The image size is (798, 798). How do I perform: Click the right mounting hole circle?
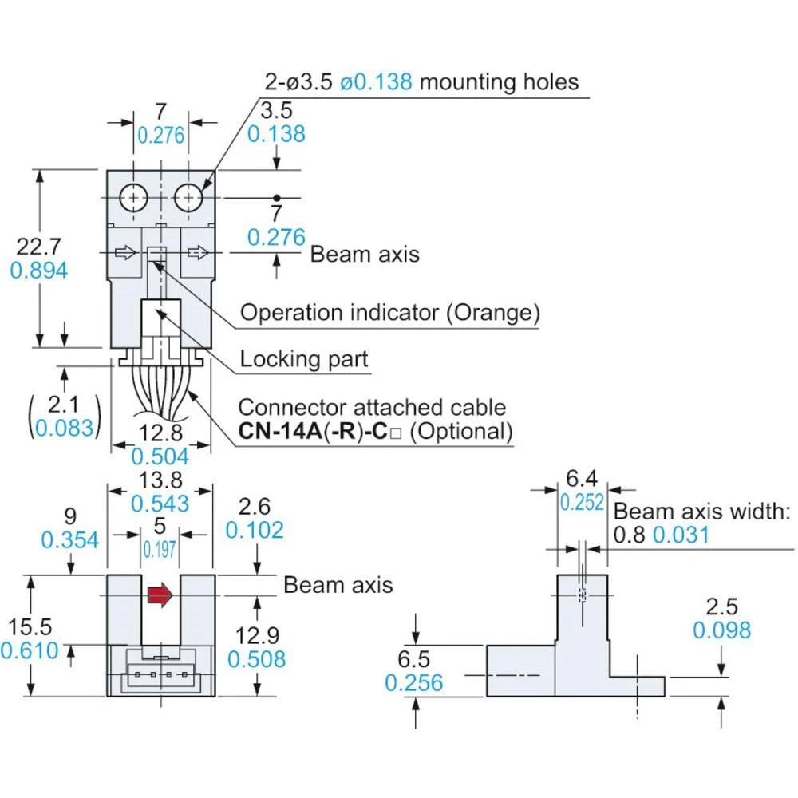click(x=189, y=196)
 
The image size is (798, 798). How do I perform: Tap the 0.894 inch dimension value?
click(x=38, y=271)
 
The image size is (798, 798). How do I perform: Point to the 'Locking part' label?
click(x=304, y=359)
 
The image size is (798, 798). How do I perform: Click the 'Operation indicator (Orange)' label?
click(x=389, y=313)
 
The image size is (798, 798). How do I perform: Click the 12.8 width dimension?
click(x=160, y=432)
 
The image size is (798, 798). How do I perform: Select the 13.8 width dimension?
click(x=160, y=479)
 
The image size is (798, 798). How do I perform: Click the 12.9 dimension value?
click(x=256, y=635)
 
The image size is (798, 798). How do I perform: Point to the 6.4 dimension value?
click(x=581, y=479)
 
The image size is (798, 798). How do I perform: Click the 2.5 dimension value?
click(x=721, y=606)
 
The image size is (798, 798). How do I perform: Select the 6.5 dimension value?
click(x=413, y=659)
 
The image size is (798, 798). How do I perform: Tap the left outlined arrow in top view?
click(x=125, y=253)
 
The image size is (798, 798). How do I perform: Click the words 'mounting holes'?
click(x=500, y=81)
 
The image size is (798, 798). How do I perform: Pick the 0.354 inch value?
click(x=70, y=539)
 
